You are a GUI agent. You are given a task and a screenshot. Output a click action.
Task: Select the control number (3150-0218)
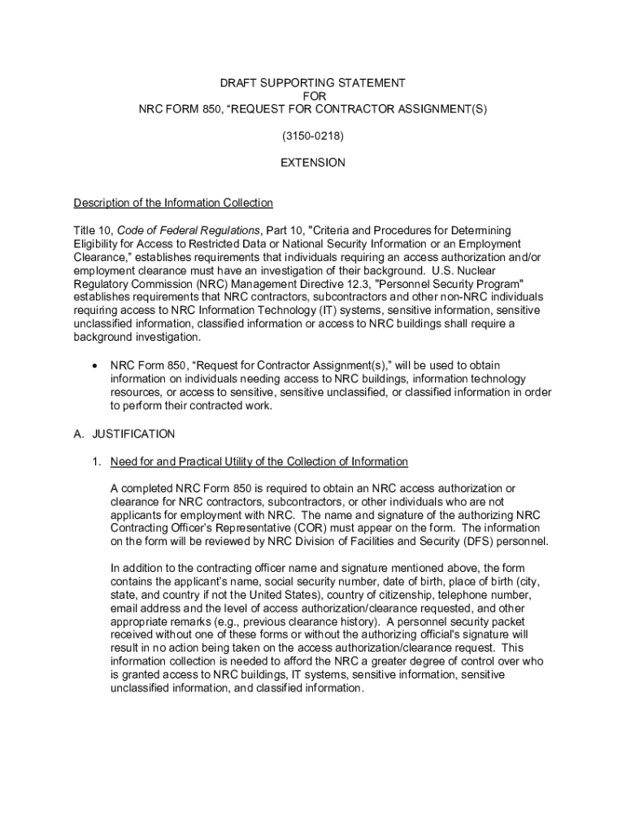pyautogui.click(x=313, y=137)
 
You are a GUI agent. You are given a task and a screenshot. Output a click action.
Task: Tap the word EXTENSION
pyautogui.click(x=313, y=163)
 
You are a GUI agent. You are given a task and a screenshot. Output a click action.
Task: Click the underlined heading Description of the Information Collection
pyautogui.click(x=173, y=203)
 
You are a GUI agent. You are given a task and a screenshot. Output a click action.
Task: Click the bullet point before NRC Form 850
pyautogui.click(x=98, y=366)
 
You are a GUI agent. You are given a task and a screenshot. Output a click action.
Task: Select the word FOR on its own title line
pyautogui.click(x=313, y=96)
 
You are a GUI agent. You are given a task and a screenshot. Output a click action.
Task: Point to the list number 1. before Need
pyautogui.click(x=96, y=462)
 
